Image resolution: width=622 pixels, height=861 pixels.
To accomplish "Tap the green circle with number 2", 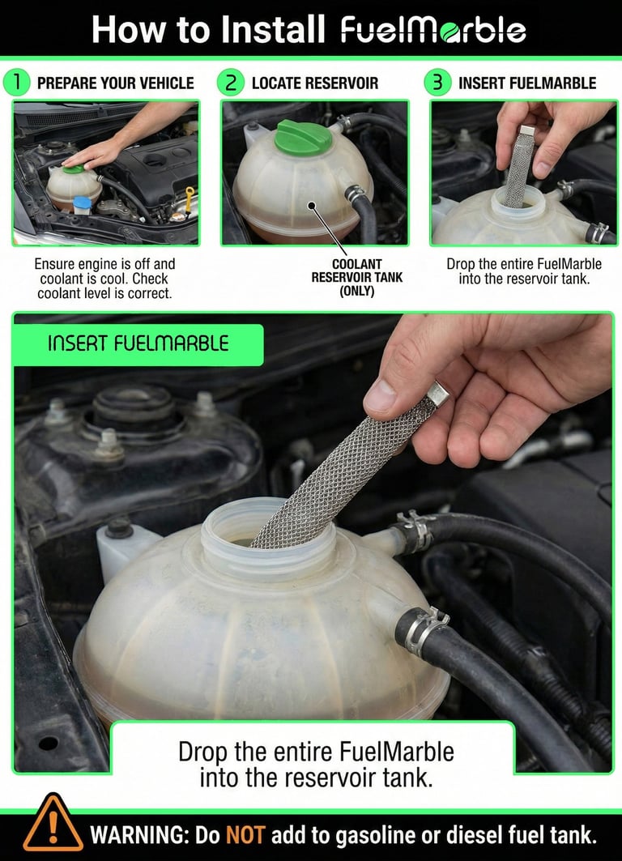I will tap(231, 83).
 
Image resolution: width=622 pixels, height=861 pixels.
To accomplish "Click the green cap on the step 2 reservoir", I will tap(304, 138).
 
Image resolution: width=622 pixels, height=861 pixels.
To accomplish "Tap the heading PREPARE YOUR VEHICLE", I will tap(116, 83).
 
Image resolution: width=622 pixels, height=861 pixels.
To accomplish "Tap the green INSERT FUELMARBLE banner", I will tap(138, 343).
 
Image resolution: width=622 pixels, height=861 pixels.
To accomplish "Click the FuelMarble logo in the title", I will tap(433, 30).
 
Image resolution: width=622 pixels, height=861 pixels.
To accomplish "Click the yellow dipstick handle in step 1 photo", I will tap(190, 197).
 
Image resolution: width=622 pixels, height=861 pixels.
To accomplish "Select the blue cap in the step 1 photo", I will tap(81, 203).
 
